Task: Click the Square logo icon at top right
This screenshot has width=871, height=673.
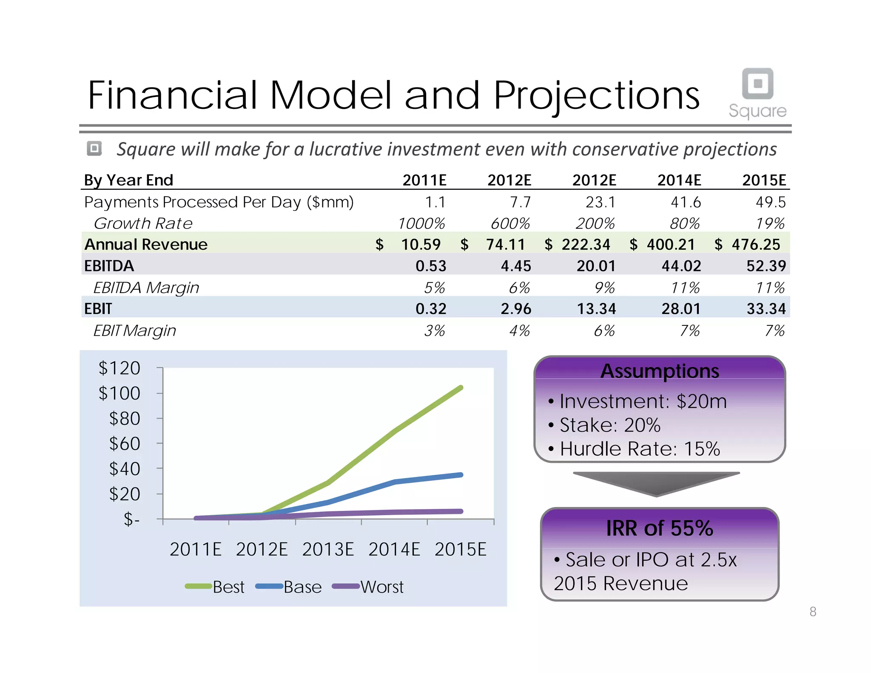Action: [x=757, y=83]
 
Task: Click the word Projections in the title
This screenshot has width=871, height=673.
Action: [x=596, y=96]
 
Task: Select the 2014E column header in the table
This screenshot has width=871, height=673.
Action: [x=679, y=180]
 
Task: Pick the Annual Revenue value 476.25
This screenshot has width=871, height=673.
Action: [x=756, y=245]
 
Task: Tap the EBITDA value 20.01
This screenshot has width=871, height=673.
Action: [x=596, y=266]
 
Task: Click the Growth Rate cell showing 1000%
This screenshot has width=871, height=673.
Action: [x=421, y=223]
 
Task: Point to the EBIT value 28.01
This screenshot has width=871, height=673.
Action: [x=681, y=309]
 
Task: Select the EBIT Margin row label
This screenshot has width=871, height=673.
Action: [x=134, y=331]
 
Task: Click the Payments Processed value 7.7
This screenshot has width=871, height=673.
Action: [x=520, y=202]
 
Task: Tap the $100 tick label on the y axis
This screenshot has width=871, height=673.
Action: [x=120, y=393]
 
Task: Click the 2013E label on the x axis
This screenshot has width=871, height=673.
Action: [x=328, y=550]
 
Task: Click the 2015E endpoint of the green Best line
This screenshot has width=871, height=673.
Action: [x=461, y=388]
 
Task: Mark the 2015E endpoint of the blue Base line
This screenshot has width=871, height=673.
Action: [x=461, y=475]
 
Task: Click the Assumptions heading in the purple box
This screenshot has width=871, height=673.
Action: [x=660, y=371]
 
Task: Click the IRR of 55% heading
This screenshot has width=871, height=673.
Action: [x=660, y=528]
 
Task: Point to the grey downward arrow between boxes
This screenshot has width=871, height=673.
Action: [x=656, y=483]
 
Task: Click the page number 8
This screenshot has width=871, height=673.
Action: [x=813, y=612]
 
